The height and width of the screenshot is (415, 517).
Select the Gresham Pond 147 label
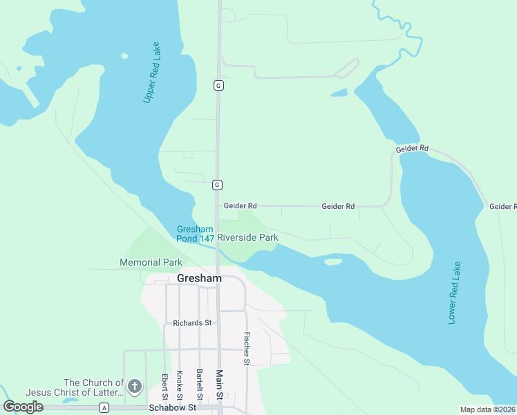[x=194, y=234]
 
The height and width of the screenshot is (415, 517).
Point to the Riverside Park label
[x=247, y=237]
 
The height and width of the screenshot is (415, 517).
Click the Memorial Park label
[x=151, y=263]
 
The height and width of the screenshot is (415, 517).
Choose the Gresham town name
[x=199, y=278]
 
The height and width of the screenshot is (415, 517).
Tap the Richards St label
[x=193, y=323]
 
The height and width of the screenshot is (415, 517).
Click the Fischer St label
[x=246, y=349]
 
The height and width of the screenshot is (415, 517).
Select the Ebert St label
[x=165, y=387]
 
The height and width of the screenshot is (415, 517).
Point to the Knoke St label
[x=180, y=384]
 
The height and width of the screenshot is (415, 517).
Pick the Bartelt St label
[x=198, y=384]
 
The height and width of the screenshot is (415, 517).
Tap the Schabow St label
[x=173, y=408]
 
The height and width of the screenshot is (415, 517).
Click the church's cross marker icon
[x=135, y=387]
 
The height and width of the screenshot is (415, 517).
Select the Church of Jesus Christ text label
[x=93, y=388]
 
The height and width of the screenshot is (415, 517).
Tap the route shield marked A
[x=104, y=408]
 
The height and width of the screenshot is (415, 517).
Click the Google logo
[x=23, y=407]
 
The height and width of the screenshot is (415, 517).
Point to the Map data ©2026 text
[x=488, y=409]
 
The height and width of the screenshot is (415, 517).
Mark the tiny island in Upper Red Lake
[x=124, y=56]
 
